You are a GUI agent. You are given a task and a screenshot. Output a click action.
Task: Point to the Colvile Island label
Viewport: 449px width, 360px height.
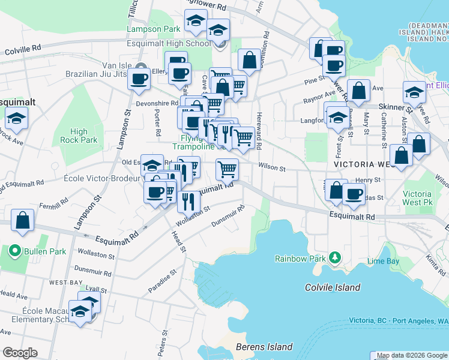tap(332, 287)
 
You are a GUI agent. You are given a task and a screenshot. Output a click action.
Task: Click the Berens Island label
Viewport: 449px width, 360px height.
tap(264, 347)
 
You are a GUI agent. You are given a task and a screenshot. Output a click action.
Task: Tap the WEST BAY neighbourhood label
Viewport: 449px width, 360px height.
tap(66, 282)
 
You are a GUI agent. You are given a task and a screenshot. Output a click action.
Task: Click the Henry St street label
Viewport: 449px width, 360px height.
tap(368, 179)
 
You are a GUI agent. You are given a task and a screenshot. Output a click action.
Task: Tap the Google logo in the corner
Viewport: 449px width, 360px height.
tap(20, 353)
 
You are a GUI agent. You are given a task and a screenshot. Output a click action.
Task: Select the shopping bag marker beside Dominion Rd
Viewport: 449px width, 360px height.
tap(249, 60)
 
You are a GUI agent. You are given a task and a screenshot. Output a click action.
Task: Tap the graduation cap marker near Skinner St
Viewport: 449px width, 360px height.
tap(414, 92)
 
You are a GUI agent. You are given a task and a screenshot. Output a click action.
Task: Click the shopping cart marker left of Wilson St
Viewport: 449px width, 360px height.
tap(227, 169)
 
